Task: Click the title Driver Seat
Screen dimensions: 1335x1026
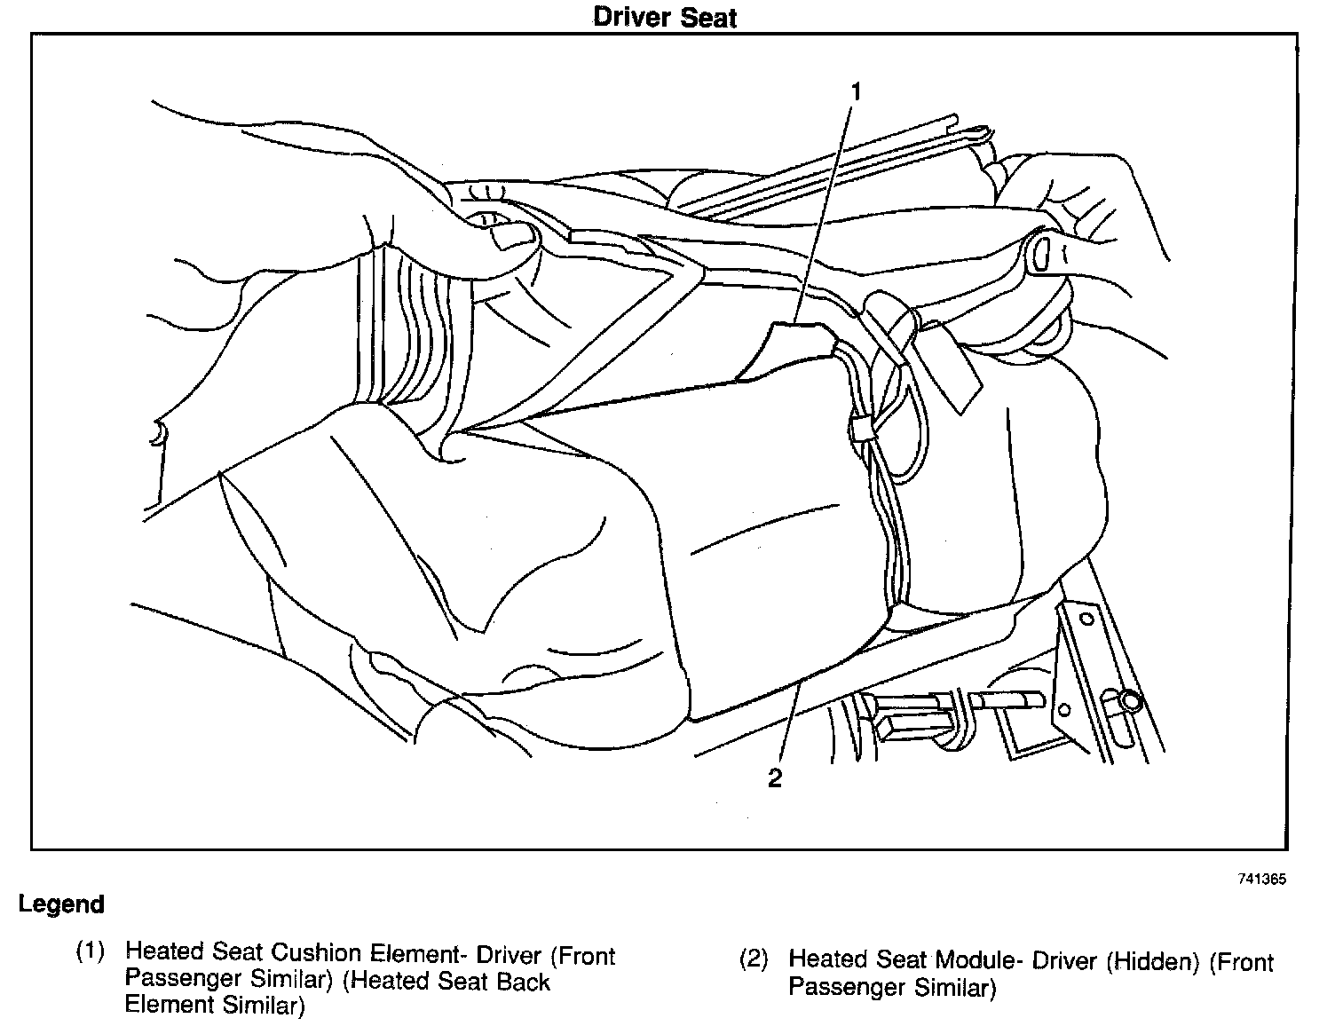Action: tap(665, 18)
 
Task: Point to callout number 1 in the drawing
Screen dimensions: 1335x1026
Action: tap(856, 91)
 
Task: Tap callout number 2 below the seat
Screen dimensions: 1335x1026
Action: tap(775, 778)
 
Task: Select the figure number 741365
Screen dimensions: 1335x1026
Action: tap(1262, 880)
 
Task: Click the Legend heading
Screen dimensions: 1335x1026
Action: tap(61, 905)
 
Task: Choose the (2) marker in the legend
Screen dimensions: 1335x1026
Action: tap(754, 960)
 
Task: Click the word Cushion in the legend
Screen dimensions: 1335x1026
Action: tap(316, 953)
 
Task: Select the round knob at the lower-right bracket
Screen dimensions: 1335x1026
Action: tap(1130, 701)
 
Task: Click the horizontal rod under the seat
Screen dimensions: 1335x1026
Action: tap(1003, 700)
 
